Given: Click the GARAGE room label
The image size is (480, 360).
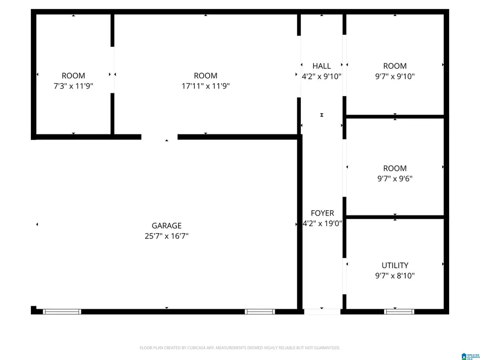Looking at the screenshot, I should point(166,226).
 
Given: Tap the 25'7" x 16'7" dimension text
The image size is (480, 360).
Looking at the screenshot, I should point(166,236).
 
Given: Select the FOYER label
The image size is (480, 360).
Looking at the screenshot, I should point(322,213).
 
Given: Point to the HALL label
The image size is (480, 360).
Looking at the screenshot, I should point(322,66).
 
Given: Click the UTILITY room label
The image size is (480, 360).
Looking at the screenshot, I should point(395,265).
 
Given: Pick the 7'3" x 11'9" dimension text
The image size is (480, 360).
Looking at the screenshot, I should point(74,86).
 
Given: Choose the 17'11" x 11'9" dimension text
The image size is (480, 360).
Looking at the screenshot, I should point(205,86).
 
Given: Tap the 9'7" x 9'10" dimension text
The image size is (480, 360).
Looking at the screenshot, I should point(395,76).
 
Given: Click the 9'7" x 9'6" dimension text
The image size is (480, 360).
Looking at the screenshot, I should point(395,179).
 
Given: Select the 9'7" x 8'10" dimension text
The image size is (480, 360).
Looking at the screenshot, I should point(395,276).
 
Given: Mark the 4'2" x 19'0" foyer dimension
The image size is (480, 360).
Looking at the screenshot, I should point(322,223).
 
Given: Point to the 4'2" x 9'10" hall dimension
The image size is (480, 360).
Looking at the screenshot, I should point(322,76).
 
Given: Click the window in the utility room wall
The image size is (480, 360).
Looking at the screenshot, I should point(399,311).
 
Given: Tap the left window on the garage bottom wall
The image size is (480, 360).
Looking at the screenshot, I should point(62,311).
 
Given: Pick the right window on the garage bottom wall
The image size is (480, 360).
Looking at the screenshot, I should point(260,311).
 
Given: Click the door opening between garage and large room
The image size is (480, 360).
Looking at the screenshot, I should point(159,137).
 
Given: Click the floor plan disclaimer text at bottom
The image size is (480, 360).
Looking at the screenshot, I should point(239,348).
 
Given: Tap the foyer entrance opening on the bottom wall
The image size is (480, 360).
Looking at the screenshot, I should point(322,311).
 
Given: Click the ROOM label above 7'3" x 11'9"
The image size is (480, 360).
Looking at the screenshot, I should point(74,76).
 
